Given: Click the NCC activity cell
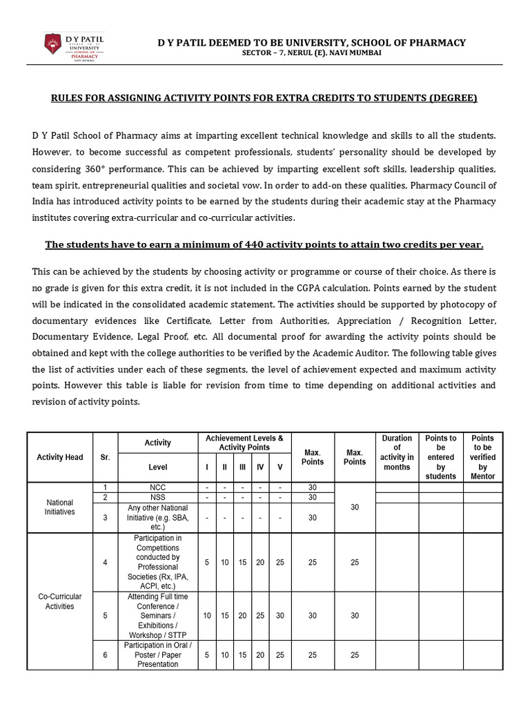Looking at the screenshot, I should click(x=158, y=487).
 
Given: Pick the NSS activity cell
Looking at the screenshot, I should click(x=158, y=498).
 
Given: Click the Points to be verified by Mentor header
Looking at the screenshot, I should click(x=482, y=457).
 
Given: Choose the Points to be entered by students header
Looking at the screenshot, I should click(x=440, y=457).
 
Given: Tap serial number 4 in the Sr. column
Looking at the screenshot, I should click(x=106, y=562).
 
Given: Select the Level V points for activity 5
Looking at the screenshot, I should click(x=279, y=615).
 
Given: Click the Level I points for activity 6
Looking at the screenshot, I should click(x=208, y=655).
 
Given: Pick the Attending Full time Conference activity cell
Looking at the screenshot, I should click(x=158, y=615).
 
